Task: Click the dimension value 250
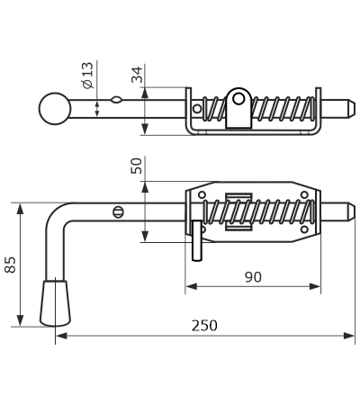(204, 326)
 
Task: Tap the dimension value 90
(253, 277)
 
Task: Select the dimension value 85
(11, 265)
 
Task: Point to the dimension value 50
(136, 166)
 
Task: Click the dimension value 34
(137, 75)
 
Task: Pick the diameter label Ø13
(88, 76)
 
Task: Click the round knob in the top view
(55, 108)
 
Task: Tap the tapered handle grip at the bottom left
(55, 303)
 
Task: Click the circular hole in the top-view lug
(238, 98)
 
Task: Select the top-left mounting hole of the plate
(202, 195)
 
